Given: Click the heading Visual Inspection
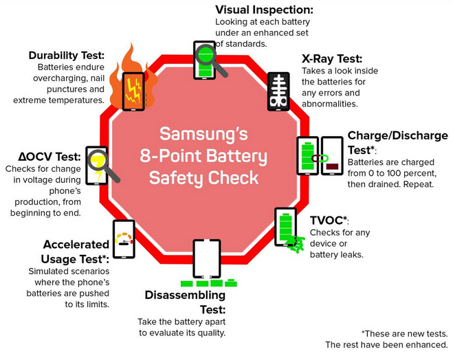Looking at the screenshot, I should click(265, 10).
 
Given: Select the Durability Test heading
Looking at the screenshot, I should click(67, 55).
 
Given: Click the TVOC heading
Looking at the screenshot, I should click(329, 221).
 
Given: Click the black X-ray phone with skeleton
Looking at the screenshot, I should click(277, 91).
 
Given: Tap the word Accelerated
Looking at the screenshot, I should click(76, 245).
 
